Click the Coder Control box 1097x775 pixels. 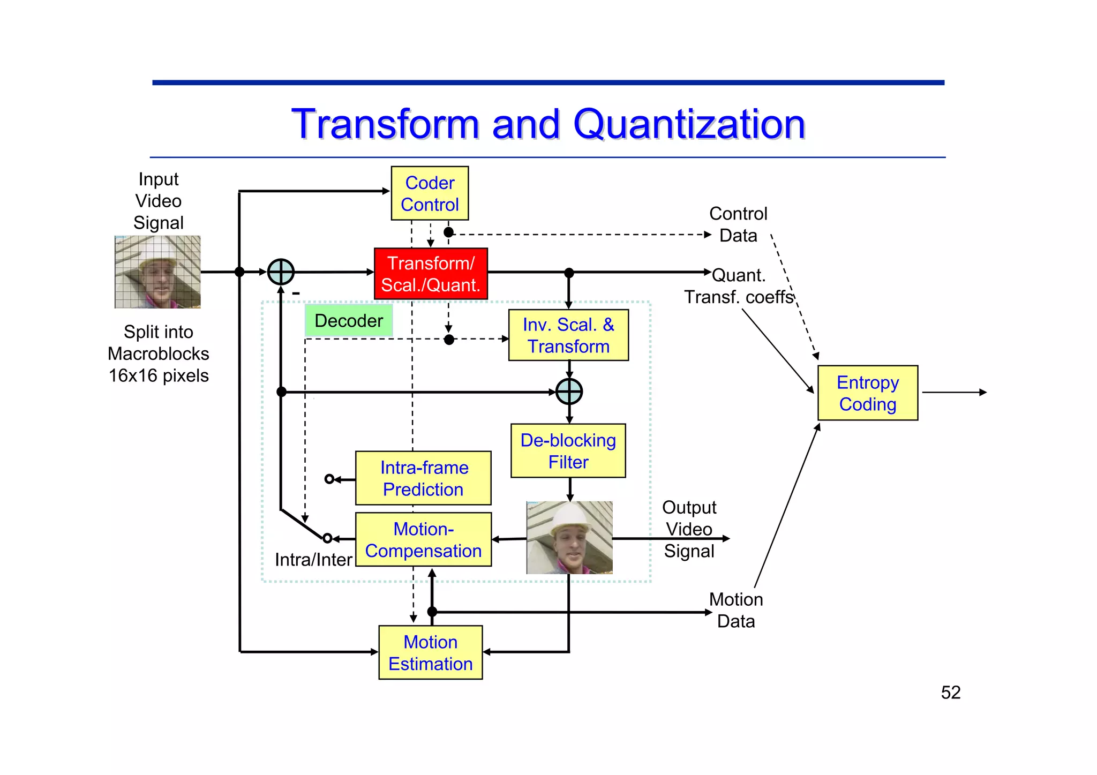point(430,193)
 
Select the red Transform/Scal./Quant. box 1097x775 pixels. point(431,274)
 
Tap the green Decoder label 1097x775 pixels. point(349,320)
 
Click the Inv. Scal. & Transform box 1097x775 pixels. point(568,335)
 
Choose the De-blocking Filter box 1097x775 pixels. point(568,451)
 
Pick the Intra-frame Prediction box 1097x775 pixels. point(423,478)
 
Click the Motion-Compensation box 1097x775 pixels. point(423,540)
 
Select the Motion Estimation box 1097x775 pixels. point(431,652)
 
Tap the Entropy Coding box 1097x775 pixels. point(868,393)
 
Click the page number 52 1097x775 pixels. point(951,693)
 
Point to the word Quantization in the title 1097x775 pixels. point(689,124)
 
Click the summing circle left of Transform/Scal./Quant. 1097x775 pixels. point(281,272)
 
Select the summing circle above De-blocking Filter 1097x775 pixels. point(569,392)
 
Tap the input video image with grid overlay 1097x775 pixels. point(157,272)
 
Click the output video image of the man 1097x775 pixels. point(569,538)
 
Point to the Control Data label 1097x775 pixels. point(738,224)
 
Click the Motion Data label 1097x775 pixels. point(736,610)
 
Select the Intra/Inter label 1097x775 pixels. point(313,560)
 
